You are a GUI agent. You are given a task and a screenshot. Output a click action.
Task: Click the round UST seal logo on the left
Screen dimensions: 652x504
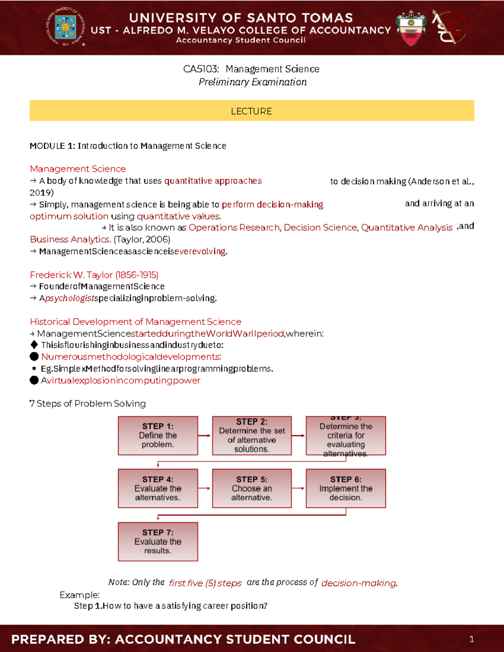pos(66,27)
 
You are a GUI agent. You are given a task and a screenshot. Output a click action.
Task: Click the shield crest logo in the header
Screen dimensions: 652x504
pos(411,28)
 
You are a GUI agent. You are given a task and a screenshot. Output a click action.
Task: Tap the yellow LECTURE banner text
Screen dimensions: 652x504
pos(251,111)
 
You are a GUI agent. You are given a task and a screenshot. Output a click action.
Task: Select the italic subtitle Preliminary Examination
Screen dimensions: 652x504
pos(252,82)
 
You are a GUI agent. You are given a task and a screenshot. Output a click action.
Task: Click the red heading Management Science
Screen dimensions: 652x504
pos(78,169)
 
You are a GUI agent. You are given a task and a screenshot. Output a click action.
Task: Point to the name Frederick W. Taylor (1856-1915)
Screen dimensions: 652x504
pos(94,275)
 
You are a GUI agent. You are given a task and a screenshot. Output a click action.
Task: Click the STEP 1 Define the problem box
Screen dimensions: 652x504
pos(158,435)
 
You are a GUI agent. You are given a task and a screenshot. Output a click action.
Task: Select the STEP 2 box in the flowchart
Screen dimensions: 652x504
pos(252,435)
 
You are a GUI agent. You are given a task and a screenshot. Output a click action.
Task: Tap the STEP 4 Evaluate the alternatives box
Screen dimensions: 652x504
pos(158,488)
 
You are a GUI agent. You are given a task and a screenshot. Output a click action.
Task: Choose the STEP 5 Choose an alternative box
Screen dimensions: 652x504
pos(252,488)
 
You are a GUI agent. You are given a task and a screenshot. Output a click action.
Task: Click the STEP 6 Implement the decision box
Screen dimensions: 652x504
pos(346,488)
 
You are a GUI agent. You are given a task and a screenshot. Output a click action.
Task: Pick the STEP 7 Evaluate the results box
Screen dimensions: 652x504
pos(158,542)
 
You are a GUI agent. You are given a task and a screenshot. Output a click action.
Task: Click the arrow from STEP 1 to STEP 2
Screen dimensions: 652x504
pos(205,435)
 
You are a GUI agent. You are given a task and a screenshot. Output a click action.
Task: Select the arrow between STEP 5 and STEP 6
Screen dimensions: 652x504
pos(298,488)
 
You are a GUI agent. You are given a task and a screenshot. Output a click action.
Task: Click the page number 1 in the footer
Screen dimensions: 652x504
pos(472,639)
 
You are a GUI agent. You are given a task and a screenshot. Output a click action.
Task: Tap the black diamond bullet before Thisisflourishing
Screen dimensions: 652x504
pos(34,345)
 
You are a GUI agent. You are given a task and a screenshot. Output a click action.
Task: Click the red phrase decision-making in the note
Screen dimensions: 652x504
pos(359,583)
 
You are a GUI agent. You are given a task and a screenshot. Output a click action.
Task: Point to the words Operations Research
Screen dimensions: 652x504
pos(234,228)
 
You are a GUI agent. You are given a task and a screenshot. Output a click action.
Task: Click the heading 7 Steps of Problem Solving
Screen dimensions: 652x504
pos(87,403)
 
